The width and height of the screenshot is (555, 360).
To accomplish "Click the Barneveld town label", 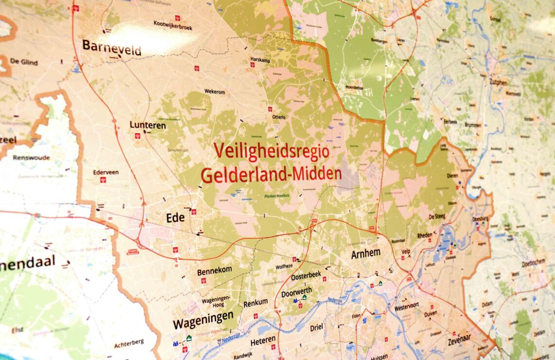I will pos(111,48).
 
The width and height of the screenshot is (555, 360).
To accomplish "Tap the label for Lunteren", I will pos(148,125).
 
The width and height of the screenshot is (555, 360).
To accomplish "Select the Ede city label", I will pos(175,218).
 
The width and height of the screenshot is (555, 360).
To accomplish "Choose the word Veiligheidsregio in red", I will pos(271,151).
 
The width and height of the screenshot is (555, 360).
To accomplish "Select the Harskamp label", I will pos(260,59).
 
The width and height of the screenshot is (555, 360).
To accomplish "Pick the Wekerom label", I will pos(215,91).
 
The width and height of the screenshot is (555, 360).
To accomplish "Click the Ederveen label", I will pos(106,172).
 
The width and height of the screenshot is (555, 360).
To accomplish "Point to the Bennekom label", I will pos(214,272).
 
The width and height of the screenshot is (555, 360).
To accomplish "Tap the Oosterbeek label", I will pos(306,275).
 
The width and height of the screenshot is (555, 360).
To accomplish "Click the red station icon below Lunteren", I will pos(137,136).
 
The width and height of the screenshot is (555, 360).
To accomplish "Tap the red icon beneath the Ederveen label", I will pos(103,180).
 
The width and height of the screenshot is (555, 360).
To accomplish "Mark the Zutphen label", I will pos(498,82).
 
